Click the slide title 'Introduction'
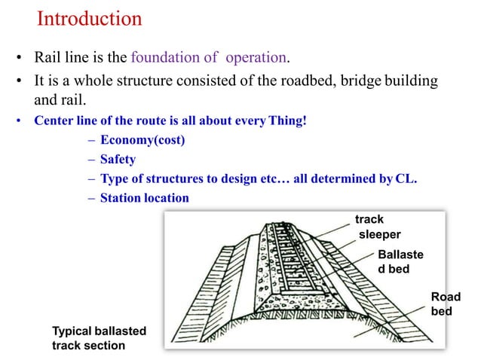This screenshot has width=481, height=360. [89, 18]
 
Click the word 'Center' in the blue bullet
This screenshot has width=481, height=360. [51, 122]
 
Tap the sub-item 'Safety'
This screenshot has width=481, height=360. [117, 160]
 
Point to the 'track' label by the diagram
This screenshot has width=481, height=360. [369, 219]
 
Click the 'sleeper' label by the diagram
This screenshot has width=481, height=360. [379, 234]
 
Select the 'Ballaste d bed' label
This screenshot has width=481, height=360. [400, 261]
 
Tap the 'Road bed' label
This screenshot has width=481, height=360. [444, 304]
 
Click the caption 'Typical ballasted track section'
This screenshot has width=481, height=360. [98, 338]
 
